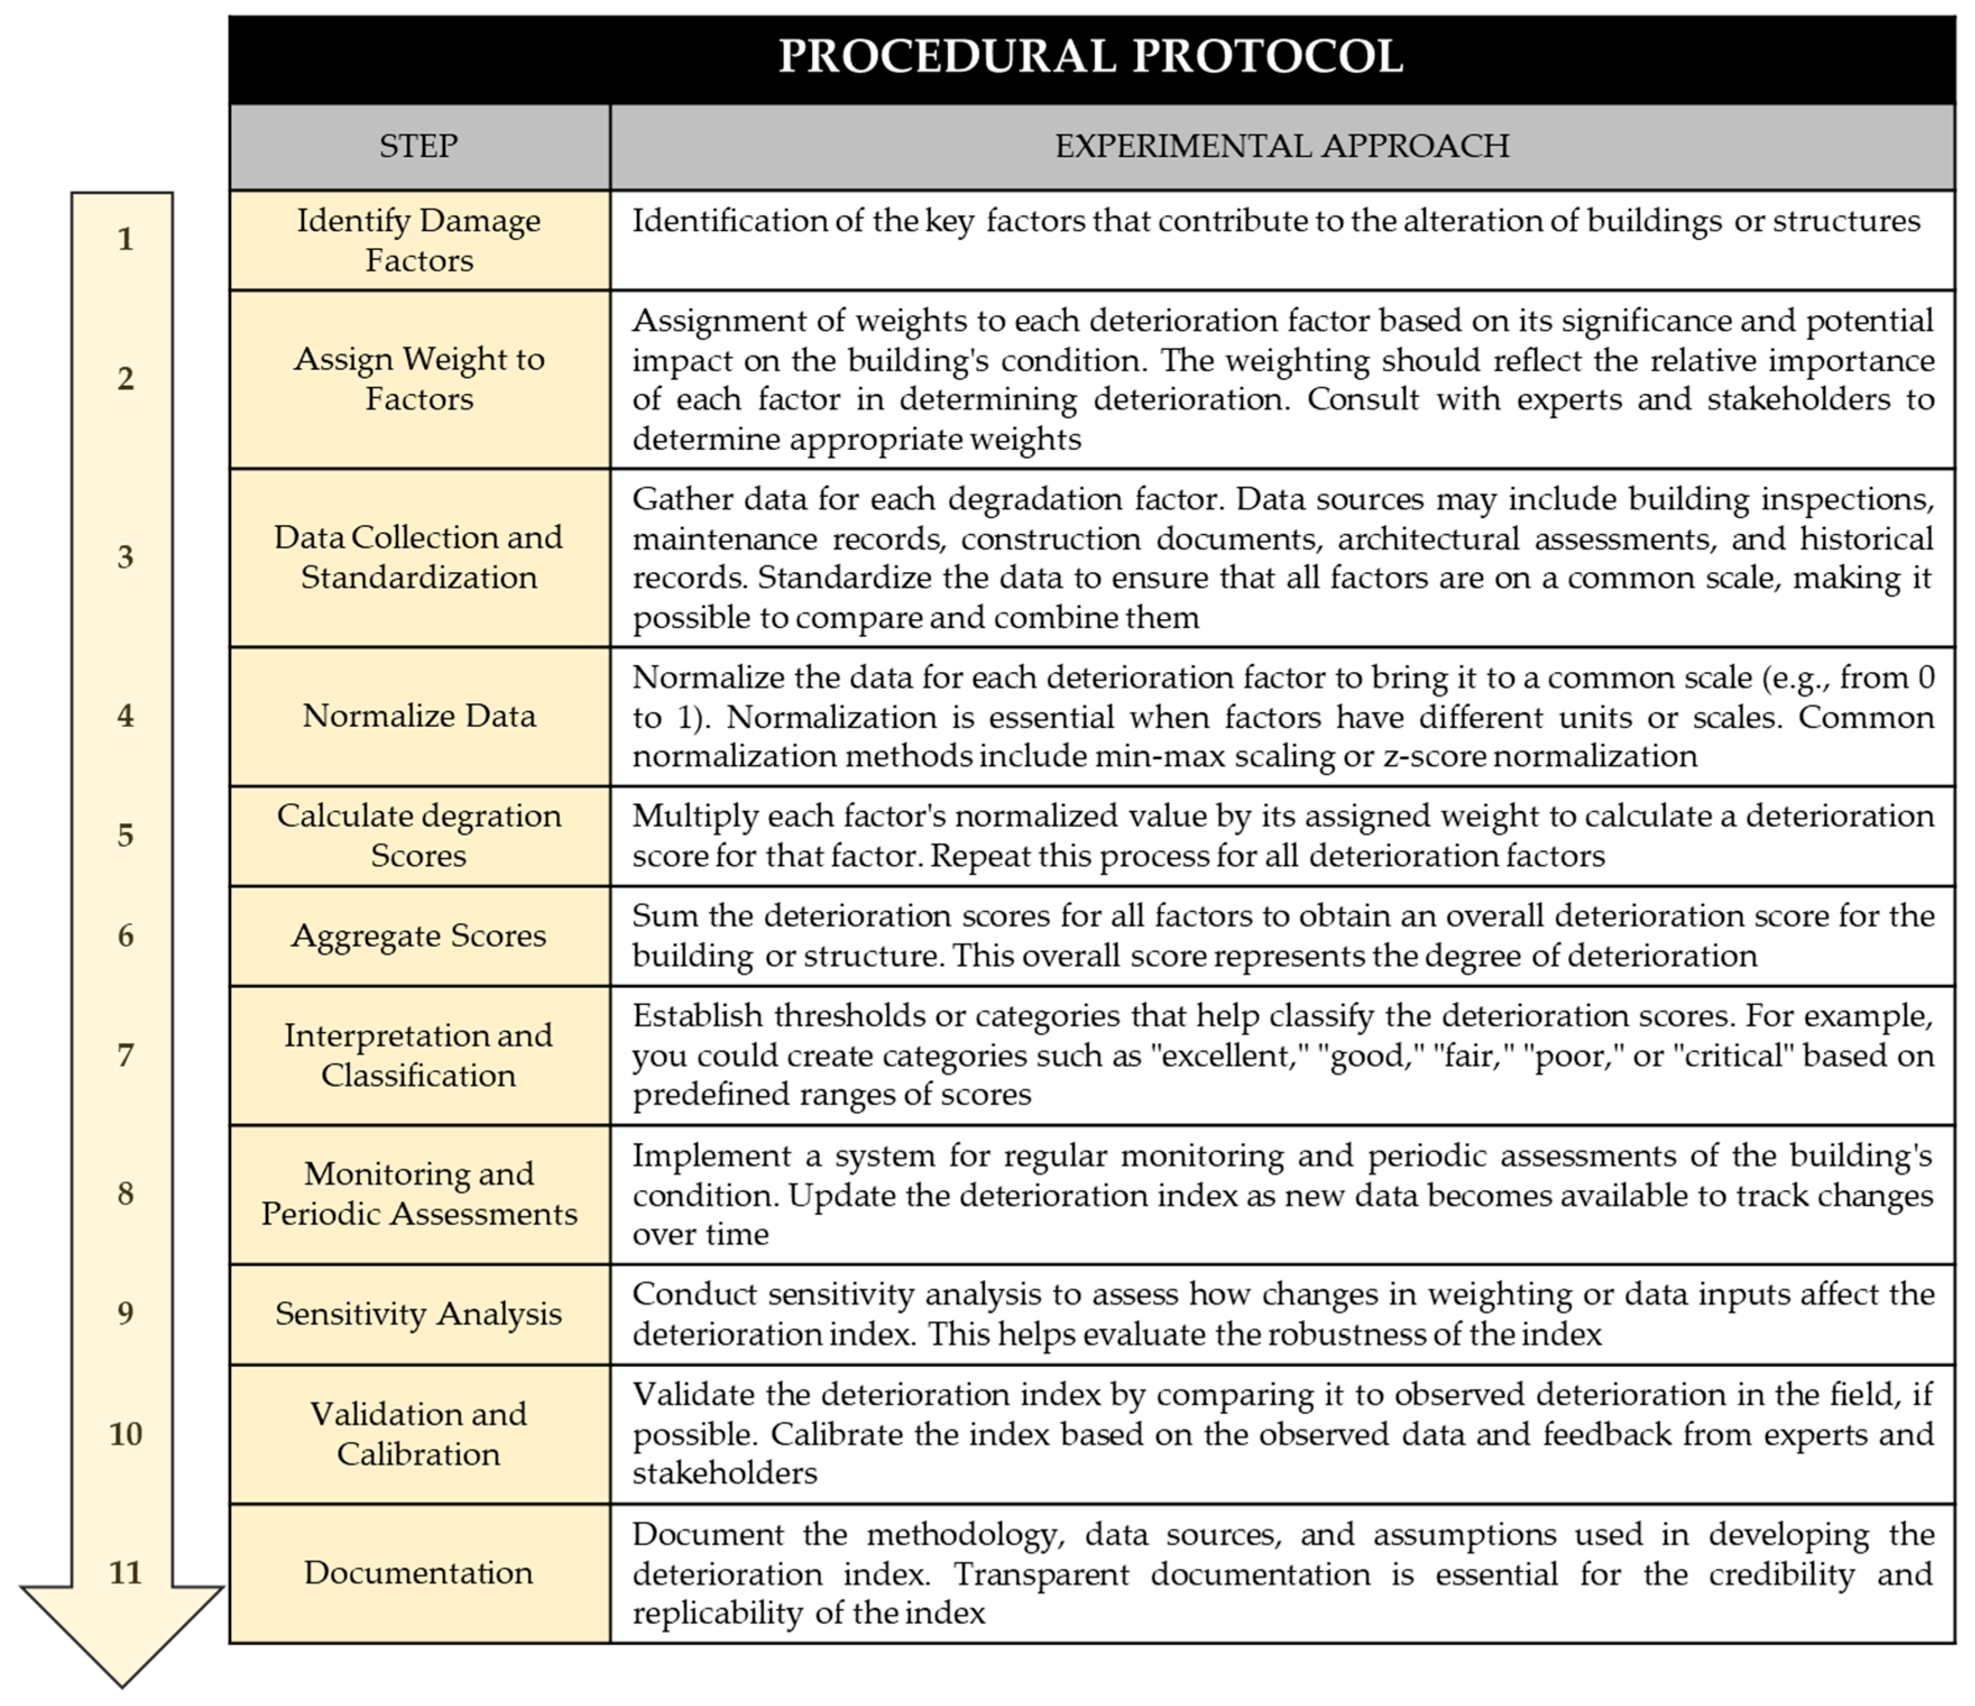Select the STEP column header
click(418, 146)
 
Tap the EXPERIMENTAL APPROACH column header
click(1282, 146)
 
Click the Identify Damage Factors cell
click(418, 240)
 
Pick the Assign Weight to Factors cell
click(418, 379)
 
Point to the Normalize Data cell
click(418, 716)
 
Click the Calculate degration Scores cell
click(418, 835)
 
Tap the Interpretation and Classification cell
click(418, 1055)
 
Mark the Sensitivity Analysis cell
click(418, 1313)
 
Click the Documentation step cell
click(418, 1573)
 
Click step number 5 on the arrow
click(125, 835)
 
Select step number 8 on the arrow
click(125, 1193)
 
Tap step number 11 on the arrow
click(125, 1573)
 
